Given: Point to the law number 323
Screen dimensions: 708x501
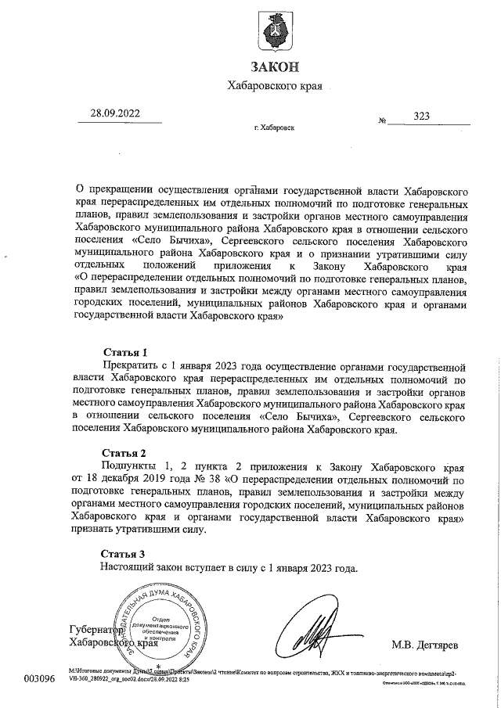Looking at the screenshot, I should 422,116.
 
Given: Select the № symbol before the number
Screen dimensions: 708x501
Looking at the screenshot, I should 383,121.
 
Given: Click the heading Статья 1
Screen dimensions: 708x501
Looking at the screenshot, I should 125,351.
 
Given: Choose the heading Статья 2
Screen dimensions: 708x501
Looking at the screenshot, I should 125,454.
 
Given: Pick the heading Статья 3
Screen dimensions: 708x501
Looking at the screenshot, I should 125,554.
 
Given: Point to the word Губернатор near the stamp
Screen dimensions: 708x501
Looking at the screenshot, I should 96,631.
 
